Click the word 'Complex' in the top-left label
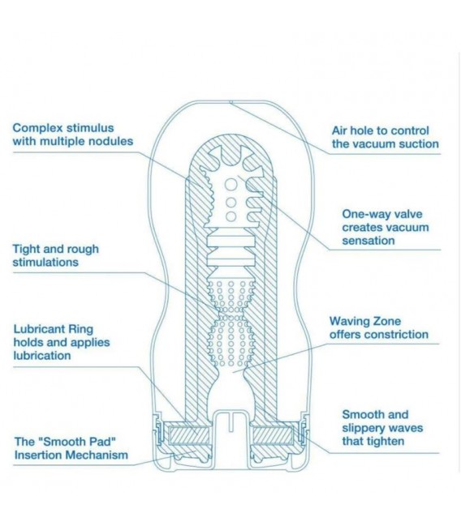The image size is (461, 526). (37, 129)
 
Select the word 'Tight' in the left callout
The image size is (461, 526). (26, 250)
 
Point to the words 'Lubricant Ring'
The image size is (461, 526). (53, 329)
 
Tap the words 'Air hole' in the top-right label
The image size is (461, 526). (352, 130)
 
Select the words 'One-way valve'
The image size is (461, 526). (382, 214)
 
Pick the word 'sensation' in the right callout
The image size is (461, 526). (368, 241)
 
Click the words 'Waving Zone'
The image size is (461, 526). (365, 321)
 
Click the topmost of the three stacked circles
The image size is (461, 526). (230, 185)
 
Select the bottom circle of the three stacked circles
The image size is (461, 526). (230, 216)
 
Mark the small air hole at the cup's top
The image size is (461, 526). (230, 102)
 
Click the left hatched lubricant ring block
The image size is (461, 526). (188, 435)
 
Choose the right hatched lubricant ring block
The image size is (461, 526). (274, 435)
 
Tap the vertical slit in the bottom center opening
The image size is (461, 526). (230, 422)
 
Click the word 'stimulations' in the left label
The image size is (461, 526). (45, 263)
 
